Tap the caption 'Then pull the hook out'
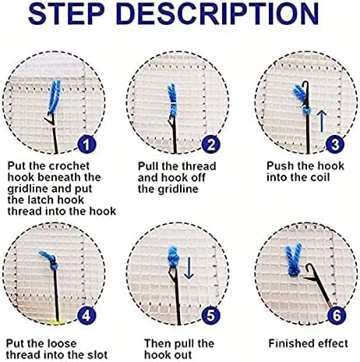coord(178,348)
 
